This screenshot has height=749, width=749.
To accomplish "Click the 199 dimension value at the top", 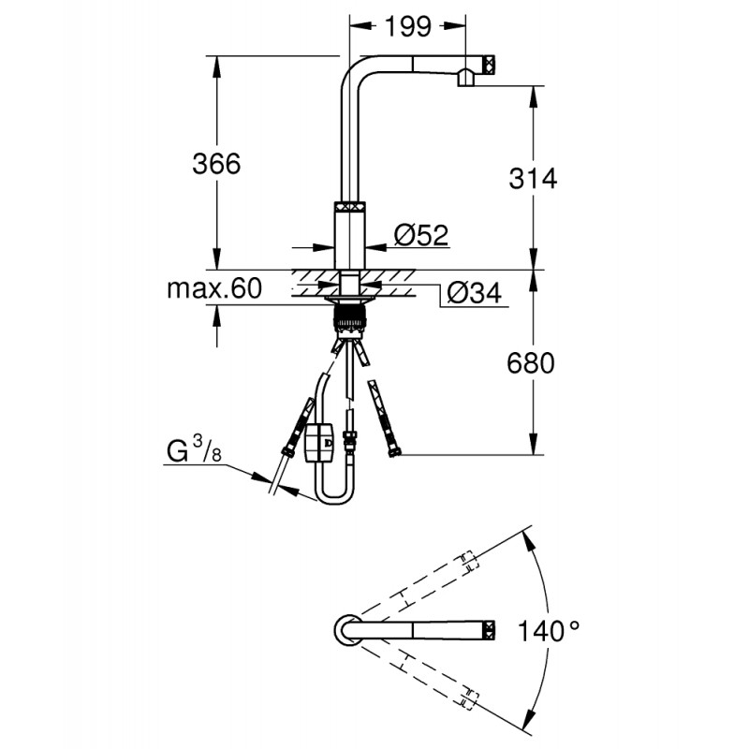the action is click(408, 27).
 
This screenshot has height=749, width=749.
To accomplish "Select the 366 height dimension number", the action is click(216, 164).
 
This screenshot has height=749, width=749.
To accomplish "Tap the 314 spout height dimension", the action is click(533, 179).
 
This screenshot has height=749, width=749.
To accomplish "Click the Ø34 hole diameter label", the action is click(475, 293).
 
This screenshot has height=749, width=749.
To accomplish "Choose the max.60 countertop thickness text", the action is click(214, 288).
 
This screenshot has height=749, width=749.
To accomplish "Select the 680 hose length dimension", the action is click(531, 363).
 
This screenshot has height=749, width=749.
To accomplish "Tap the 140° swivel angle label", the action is click(549, 631).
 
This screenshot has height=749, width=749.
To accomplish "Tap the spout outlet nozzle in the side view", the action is click(465, 78).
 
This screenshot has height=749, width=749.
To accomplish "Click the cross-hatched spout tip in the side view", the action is click(491, 64).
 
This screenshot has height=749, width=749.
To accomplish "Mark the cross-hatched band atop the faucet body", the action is click(350, 206).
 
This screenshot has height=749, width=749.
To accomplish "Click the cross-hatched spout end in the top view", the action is click(491, 630).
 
